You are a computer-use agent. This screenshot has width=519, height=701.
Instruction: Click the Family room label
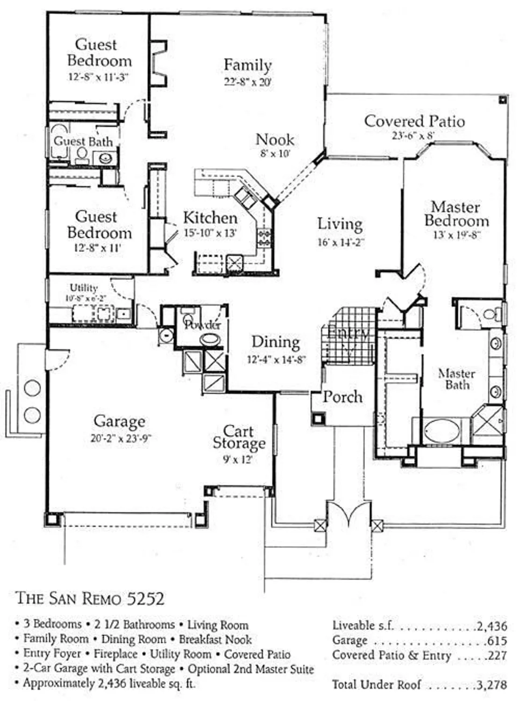pos(248,65)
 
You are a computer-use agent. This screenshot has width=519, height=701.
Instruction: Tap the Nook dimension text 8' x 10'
pos(275,153)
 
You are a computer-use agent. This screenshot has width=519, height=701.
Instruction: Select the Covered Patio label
pos(414,122)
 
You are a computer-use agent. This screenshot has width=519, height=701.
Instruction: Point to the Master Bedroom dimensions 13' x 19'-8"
pos(456,235)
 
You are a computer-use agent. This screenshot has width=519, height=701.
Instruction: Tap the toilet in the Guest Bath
pos(82,154)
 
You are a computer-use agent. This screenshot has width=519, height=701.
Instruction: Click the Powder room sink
pos(210,339)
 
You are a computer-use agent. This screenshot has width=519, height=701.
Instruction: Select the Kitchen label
pos(210,218)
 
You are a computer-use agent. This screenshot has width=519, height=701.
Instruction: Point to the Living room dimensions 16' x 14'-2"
pos(341,243)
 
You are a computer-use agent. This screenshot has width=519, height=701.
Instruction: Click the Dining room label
pos(276,342)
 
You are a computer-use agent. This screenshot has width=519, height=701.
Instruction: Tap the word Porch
pos(342,397)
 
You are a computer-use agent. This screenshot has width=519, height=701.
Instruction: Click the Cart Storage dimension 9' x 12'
pos(238,460)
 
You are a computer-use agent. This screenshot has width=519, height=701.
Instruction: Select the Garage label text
pos(119,422)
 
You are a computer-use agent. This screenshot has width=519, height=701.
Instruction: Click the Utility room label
pos(84,288)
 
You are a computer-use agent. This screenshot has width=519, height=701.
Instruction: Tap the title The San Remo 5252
pos(90,599)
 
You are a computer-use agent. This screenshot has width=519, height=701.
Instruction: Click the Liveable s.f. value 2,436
pos(491,626)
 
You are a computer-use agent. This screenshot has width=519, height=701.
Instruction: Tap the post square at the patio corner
pos(503,99)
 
